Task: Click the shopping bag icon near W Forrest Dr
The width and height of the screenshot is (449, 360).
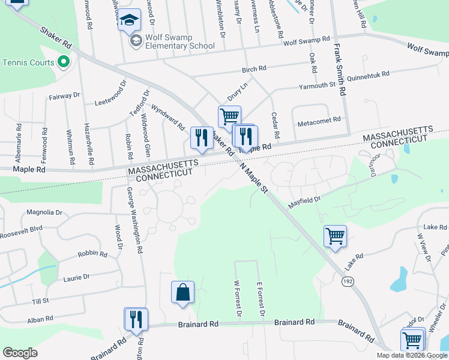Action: (x=182, y=293)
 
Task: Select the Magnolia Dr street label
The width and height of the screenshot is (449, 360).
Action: (x=45, y=212)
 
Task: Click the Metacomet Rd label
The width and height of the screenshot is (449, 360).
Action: (x=319, y=122)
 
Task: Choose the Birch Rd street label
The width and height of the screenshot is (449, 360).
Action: (x=254, y=69)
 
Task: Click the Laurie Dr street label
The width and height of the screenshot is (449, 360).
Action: (x=77, y=277)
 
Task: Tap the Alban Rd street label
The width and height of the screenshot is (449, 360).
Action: (x=40, y=320)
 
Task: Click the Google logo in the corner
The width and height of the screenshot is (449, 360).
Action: (x=20, y=353)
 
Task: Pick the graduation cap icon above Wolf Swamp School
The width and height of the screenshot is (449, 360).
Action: (x=129, y=21)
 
